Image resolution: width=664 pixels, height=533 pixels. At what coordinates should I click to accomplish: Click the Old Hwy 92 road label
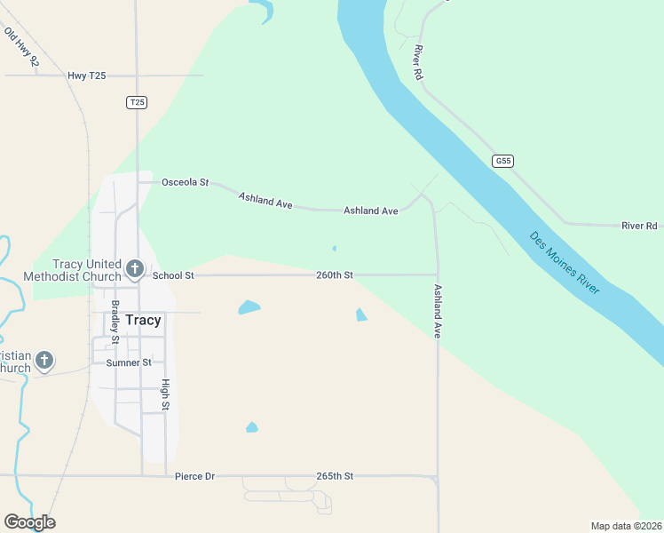(21, 47)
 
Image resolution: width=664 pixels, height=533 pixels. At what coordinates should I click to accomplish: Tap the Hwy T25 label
(87, 76)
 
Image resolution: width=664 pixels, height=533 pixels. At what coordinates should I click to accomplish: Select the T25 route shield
(136, 103)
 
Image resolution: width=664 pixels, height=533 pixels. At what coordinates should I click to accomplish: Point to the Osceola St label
(185, 182)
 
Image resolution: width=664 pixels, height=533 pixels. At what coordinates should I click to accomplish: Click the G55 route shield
(503, 161)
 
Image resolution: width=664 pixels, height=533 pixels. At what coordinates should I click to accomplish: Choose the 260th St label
(335, 275)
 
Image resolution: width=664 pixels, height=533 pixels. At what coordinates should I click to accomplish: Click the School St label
(173, 275)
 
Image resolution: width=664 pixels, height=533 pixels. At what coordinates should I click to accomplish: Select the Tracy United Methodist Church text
(86, 270)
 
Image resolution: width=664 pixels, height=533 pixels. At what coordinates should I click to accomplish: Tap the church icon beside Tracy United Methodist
(135, 267)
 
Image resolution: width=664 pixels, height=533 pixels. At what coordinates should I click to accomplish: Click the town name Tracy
(143, 321)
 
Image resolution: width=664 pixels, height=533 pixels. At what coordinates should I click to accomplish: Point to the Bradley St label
(115, 322)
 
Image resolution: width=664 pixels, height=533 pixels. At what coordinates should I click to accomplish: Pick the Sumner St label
(129, 362)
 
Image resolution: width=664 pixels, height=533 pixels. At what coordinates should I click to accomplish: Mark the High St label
(165, 394)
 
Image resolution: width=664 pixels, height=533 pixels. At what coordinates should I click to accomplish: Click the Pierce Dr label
(195, 476)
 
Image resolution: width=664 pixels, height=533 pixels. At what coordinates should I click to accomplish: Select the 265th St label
(335, 476)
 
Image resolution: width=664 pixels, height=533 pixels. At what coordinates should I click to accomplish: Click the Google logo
(29, 522)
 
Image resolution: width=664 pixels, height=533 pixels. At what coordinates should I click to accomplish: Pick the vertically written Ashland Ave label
(438, 311)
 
